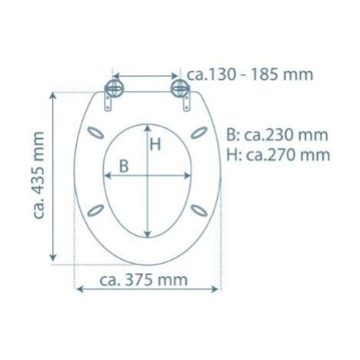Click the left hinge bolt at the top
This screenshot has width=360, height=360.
tap(115, 88)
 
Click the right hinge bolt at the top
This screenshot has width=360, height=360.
tap(180, 88)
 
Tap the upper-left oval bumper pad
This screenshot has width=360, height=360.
tap(96, 133)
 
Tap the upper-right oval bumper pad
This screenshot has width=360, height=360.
tap(199, 133)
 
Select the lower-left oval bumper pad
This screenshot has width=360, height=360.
tap(96, 211)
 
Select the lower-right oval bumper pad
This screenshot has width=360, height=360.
tap(199, 211)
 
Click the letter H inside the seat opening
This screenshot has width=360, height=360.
tap(155, 144)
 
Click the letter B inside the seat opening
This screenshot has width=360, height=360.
tap(124, 166)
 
